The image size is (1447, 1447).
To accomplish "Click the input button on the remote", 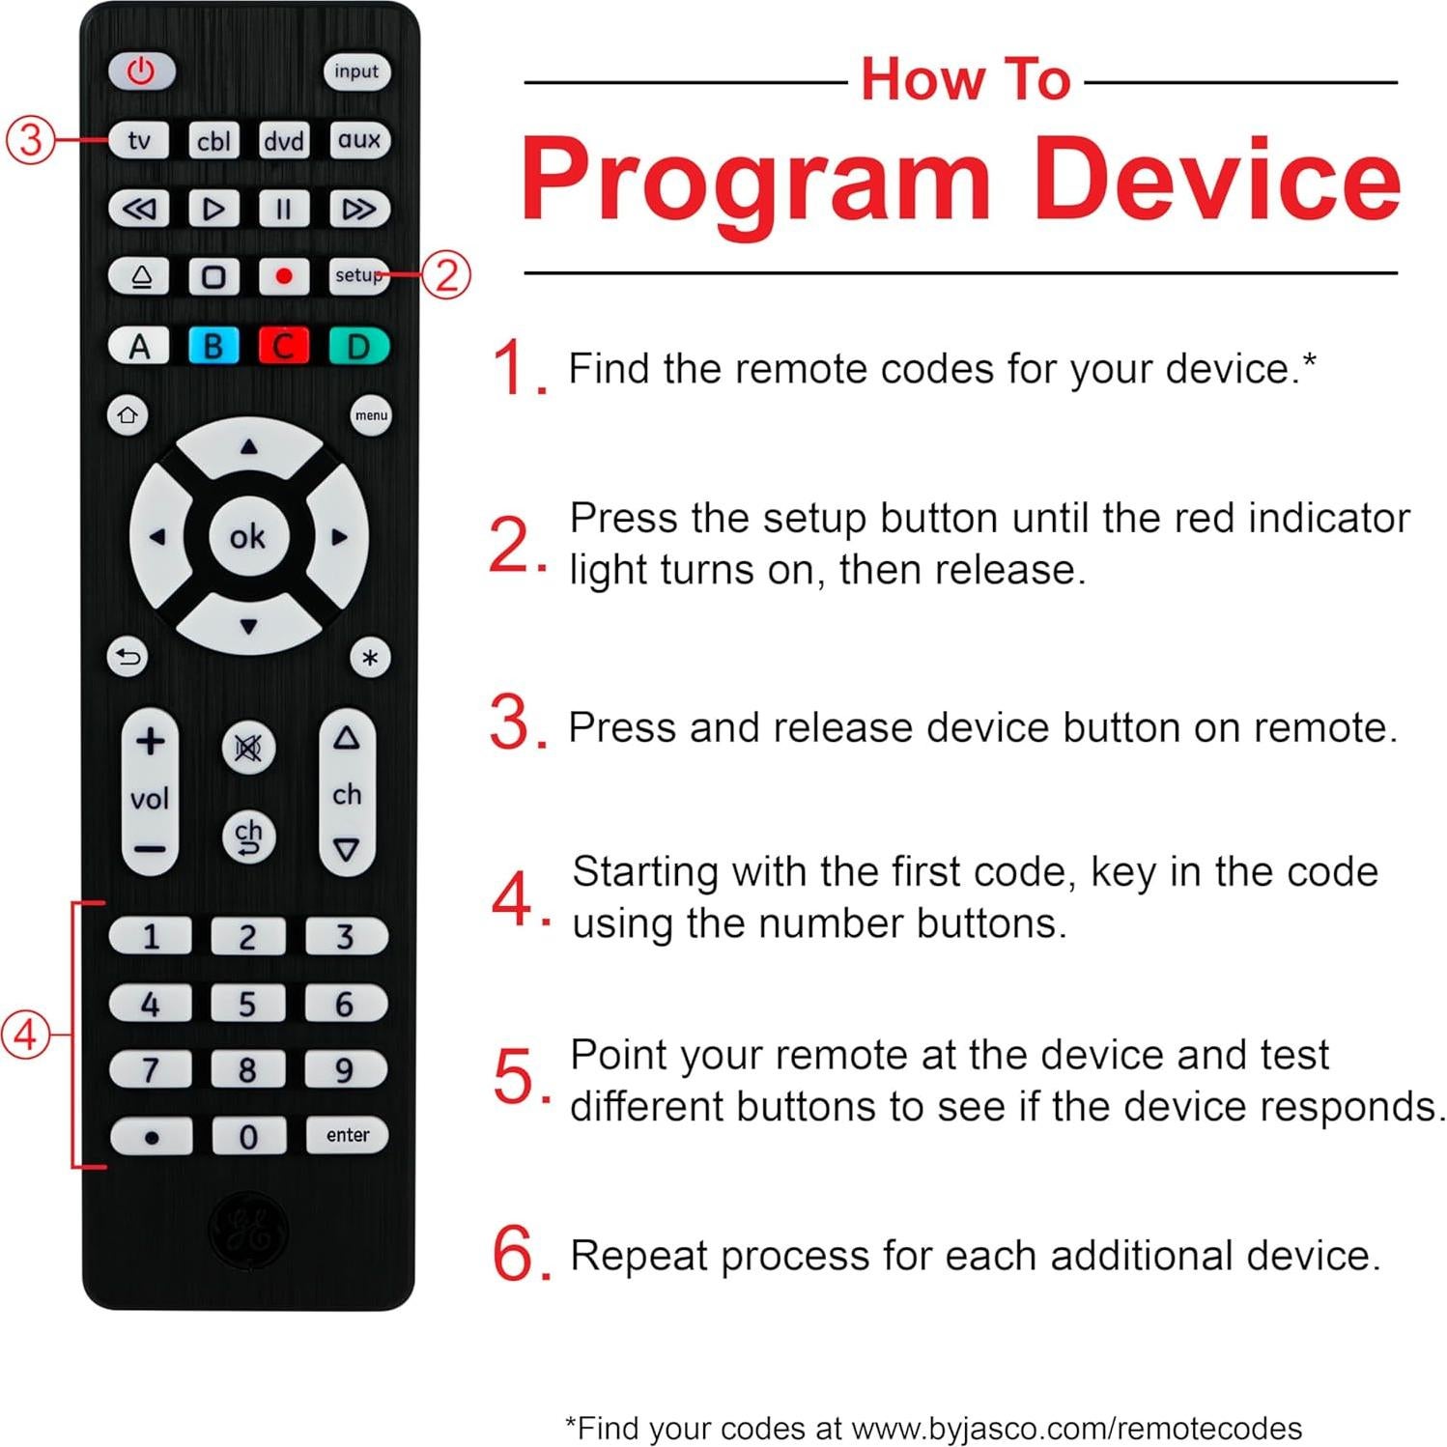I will point(355,71).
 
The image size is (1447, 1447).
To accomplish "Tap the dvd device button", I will point(284,141).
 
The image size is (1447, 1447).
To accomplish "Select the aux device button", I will point(358,140).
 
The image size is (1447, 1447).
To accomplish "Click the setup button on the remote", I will point(357,276).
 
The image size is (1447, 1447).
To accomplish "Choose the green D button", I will point(357,346).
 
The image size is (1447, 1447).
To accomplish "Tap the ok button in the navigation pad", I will point(248,536).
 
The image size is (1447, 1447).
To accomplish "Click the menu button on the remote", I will point(371,415).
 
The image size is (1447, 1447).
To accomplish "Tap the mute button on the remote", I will point(248,748).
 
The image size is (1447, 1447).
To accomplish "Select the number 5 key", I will point(247,1005).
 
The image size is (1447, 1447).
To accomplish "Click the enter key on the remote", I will point(347,1135).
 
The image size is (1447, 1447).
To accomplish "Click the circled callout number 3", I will point(31,139).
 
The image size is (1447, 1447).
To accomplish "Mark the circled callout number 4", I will point(24,1035).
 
